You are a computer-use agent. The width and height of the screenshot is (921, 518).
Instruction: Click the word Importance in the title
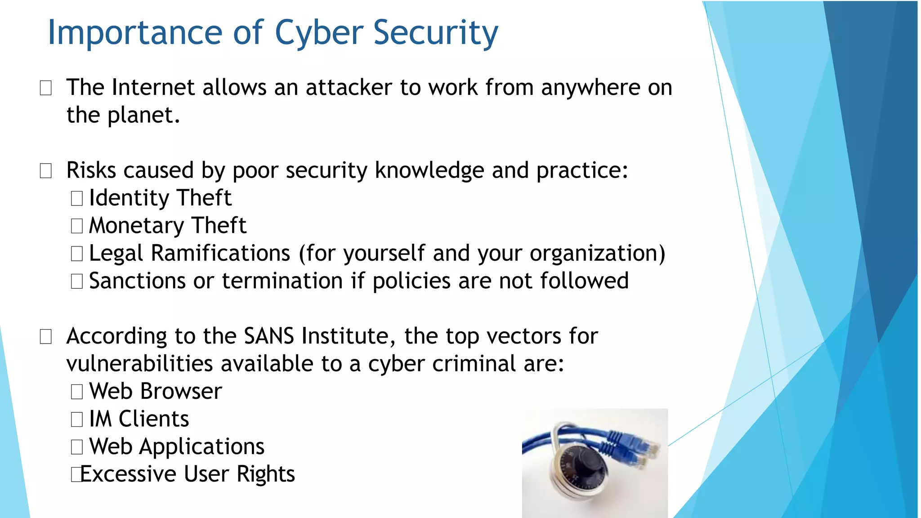[x=135, y=33]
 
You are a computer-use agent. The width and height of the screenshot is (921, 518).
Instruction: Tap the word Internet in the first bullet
[x=153, y=87]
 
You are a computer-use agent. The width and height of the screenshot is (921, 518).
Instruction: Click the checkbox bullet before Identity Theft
[x=77, y=198]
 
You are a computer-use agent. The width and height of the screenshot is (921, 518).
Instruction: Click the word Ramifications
[x=220, y=253]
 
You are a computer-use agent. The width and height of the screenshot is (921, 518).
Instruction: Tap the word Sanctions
[x=137, y=281]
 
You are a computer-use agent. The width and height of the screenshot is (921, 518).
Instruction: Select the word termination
[x=282, y=281]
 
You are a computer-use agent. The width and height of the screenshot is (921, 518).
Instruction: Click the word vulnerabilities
[x=139, y=364]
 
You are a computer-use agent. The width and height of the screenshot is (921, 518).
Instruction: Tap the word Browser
[x=181, y=391]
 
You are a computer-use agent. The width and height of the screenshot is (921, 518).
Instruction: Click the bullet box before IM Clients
[x=77, y=420]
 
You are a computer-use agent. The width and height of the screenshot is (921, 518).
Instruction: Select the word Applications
[x=201, y=447]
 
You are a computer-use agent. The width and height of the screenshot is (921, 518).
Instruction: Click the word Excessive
[x=128, y=474]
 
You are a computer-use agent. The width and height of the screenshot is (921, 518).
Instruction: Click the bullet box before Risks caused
[x=46, y=171]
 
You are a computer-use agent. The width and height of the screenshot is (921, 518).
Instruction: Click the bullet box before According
[x=46, y=336]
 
